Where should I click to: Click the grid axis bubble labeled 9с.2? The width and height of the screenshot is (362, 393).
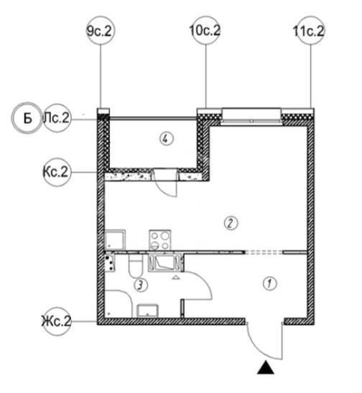101,31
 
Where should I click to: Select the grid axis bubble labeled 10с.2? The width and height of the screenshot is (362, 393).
205,31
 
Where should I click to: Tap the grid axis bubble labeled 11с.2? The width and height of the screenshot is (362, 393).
310,31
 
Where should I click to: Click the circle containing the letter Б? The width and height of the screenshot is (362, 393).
27,118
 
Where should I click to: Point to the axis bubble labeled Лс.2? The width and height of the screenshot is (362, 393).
57,118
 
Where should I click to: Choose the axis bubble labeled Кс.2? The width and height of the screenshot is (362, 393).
57,172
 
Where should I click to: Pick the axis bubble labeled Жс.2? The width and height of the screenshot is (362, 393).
57,321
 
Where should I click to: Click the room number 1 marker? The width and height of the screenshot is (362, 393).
269,284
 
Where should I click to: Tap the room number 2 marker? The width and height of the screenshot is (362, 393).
231,223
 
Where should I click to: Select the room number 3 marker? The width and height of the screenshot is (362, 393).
141,285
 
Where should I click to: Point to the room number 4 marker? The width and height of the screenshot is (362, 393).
167,138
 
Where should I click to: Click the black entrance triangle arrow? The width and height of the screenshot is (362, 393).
266,368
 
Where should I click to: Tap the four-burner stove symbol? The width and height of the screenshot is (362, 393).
160,240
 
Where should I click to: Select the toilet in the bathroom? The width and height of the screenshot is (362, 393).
136,265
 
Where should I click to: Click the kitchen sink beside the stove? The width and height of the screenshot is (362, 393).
114,240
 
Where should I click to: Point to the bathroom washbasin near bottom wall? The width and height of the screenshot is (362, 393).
147,311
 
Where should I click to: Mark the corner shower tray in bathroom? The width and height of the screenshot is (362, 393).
118,304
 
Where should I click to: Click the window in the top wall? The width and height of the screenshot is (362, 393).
251,116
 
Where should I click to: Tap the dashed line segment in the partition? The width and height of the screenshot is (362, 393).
264,252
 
